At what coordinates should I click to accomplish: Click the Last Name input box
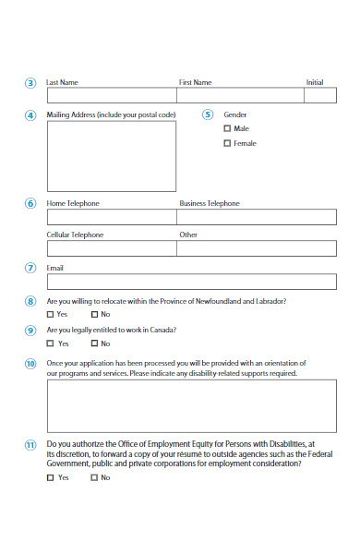point(112,94)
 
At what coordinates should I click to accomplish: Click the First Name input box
point(242,94)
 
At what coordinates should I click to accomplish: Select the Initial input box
point(321,94)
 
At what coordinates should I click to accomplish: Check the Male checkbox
point(227,128)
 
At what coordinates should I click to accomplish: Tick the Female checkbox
point(227,143)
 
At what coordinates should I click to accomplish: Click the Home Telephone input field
point(112,217)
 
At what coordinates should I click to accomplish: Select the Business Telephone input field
point(257,217)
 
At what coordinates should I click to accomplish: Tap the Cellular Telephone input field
point(112,248)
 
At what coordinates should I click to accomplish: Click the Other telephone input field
point(257,248)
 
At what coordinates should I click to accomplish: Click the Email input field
point(191,282)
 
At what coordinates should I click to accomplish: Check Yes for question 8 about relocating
point(50,315)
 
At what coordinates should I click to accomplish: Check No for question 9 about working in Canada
point(93,343)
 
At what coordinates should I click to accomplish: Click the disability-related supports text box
point(191,406)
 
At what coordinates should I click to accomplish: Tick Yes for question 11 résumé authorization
point(50,477)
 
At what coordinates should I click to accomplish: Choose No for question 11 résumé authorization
point(93,477)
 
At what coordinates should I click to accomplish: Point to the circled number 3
point(30,83)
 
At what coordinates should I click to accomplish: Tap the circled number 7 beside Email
point(30,268)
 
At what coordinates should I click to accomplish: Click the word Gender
point(235,114)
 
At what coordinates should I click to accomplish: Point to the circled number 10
point(30,364)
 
